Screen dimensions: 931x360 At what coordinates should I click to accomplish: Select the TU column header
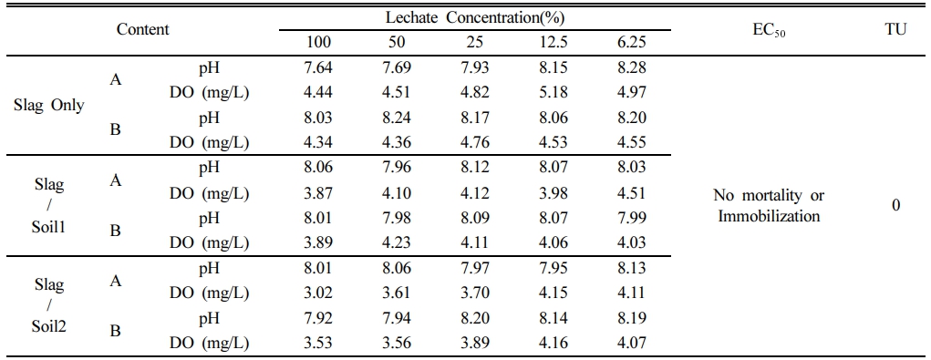pyautogui.click(x=895, y=29)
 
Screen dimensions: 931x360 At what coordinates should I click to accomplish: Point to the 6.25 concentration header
pyautogui.click(x=631, y=42)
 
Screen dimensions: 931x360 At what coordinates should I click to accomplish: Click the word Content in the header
pyautogui.click(x=143, y=29)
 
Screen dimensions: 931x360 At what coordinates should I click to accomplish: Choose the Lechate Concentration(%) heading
pyautogui.click(x=474, y=17)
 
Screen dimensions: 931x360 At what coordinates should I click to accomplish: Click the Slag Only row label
pyautogui.click(x=48, y=106)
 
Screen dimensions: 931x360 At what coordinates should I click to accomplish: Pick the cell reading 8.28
pyautogui.click(x=631, y=67)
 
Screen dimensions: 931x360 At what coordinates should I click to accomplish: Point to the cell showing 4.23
pyautogui.click(x=396, y=242)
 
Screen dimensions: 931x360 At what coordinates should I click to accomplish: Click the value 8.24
pyautogui.click(x=396, y=118)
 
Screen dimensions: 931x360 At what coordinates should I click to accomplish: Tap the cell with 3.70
pyautogui.click(x=474, y=293)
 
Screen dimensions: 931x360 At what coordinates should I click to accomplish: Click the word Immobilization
pyautogui.click(x=770, y=217)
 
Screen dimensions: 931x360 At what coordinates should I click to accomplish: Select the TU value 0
pyautogui.click(x=895, y=205)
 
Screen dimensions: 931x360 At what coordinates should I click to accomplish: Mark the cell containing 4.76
pyautogui.click(x=474, y=142)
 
